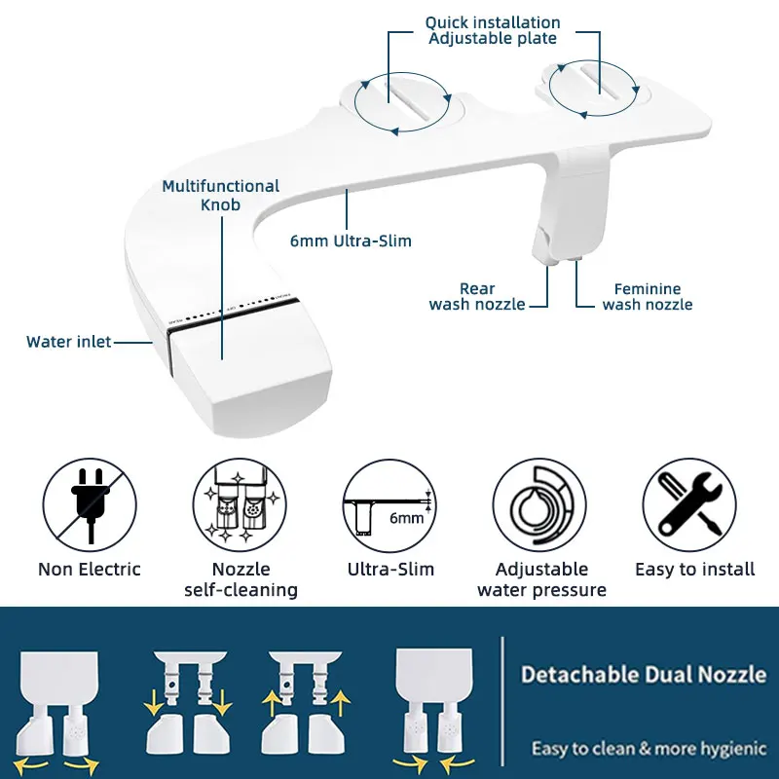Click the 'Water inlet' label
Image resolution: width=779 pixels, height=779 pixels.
pyautogui.click(x=68, y=342)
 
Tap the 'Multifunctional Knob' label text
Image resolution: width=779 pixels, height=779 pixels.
pyautogui.click(x=220, y=195)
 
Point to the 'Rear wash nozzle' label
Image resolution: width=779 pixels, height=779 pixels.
pyautogui.click(x=477, y=297)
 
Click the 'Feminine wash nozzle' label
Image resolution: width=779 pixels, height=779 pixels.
pyautogui.click(x=647, y=297)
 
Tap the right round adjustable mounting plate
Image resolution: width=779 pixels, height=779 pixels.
pyautogui.click(x=593, y=85)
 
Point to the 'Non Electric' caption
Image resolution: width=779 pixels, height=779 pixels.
pyautogui.click(x=89, y=570)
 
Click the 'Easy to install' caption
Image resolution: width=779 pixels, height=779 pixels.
pyautogui.click(x=694, y=570)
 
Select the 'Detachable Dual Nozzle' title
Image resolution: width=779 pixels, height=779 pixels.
pyautogui.click(x=643, y=674)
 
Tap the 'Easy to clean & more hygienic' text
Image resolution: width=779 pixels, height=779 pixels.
pyautogui.click(x=648, y=749)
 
